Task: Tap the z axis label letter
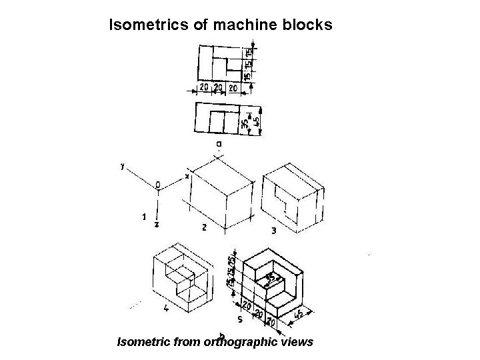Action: coord(156,225)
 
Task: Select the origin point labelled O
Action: coord(158,184)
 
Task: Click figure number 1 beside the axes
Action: coord(143,217)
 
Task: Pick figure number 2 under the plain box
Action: coord(204,227)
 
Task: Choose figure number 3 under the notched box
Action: coord(274,231)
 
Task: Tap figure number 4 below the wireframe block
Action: coord(165,308)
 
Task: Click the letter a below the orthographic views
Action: coord(219,143)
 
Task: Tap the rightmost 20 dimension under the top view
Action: coord(233,87)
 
